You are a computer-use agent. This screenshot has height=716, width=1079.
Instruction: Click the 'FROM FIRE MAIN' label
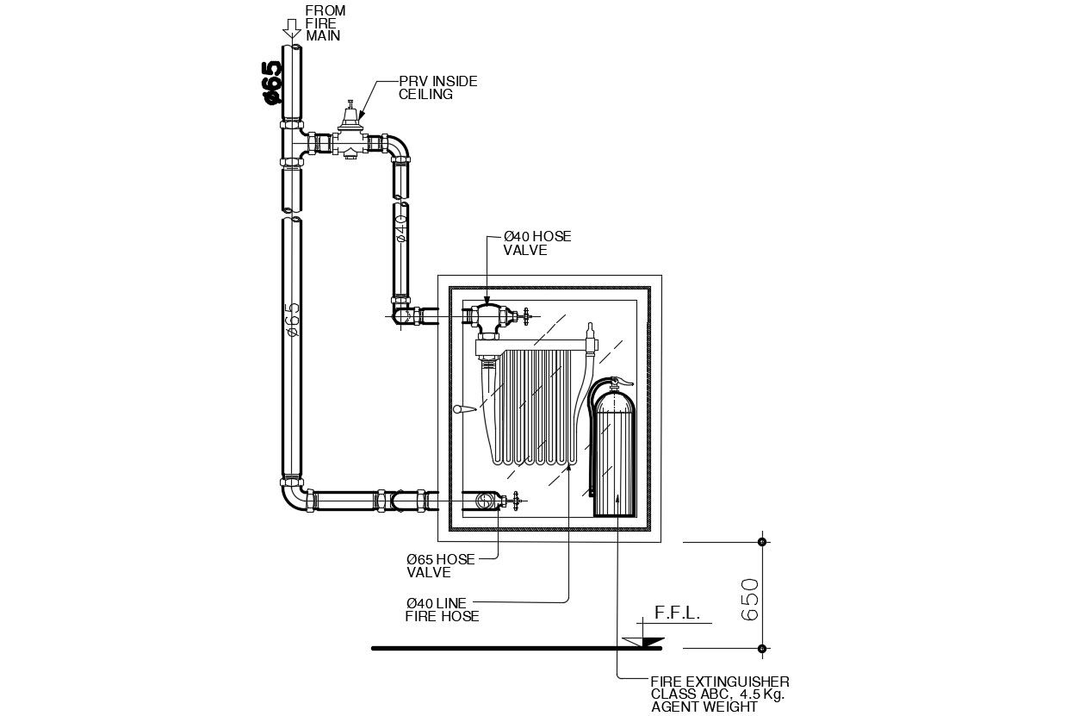[325, 23]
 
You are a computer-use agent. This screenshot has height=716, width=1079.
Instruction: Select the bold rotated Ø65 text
[272, 82]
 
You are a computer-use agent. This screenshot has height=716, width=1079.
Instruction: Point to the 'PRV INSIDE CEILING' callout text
[437, 87]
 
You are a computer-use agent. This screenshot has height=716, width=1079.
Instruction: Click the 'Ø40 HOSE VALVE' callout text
[537, 243]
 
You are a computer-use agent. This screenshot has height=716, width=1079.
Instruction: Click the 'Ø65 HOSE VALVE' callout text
[440, 565]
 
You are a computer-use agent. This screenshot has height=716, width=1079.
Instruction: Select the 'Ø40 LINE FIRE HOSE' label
[442, 609]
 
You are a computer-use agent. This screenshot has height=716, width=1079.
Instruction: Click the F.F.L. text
[678, 613]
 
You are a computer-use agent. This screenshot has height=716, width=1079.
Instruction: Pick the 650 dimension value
[750, 598]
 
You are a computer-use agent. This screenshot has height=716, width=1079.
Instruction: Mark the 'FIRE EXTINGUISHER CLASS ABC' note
[719, 694]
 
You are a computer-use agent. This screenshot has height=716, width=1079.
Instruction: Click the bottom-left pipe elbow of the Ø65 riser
[294, 498]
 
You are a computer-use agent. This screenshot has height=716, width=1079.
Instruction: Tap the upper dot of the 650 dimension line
[761, 542]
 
